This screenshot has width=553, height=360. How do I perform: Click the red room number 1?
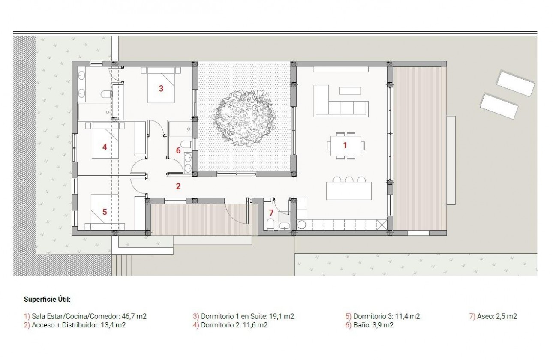click(x=345, y=145)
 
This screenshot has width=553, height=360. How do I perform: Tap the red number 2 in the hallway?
click(x=178, y=186)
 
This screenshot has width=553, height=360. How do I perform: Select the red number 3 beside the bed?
click(x=161, y=89)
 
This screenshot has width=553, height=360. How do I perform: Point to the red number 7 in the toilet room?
click(x=271, y=213)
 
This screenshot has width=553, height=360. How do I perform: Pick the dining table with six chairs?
click(x=345, y=145)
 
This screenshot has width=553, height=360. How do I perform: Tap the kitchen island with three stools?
click(x=349, y=190)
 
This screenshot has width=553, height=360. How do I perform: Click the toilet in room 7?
click(x=270, y=224)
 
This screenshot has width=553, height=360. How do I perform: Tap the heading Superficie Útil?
click(x=47, y=299)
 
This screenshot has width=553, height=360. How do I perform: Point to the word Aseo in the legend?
click(x=484, y=317)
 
